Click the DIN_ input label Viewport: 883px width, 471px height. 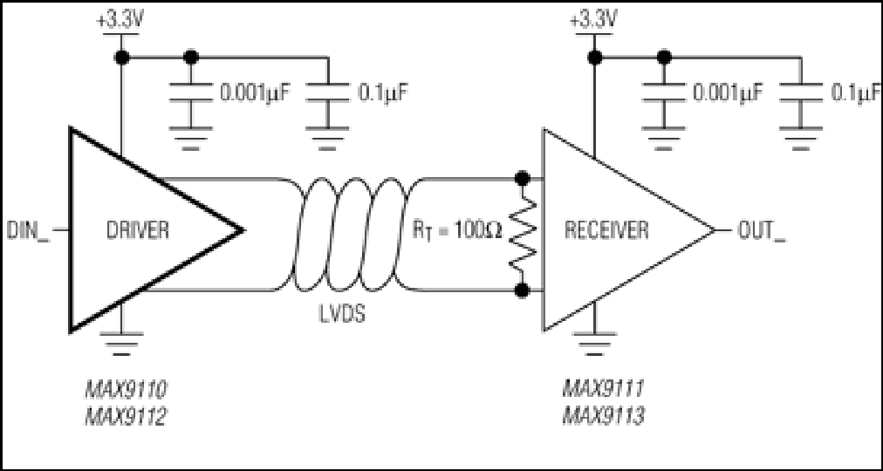click(x=28, y=231)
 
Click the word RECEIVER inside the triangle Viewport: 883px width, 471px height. click(x=606, y=230)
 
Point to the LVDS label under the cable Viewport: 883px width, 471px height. click(x=339, y=315)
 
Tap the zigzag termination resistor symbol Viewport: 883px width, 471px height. click(x=523, y=235)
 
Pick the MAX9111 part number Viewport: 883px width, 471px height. click(x=603, y=391)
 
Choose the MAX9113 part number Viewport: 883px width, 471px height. click(x=603, y=418)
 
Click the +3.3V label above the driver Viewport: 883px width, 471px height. click(x=119, y=22)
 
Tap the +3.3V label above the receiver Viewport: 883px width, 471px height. click(x=593, y=22)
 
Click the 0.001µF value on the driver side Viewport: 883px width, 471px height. click(x=256, y=92)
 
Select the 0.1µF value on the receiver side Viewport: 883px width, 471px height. click(x=854, y=92)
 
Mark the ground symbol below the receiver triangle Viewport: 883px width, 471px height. click(x=594, y=345)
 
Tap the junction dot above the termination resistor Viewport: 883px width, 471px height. click(x=523, y=180)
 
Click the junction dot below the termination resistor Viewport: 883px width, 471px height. click(x=523, y=290)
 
